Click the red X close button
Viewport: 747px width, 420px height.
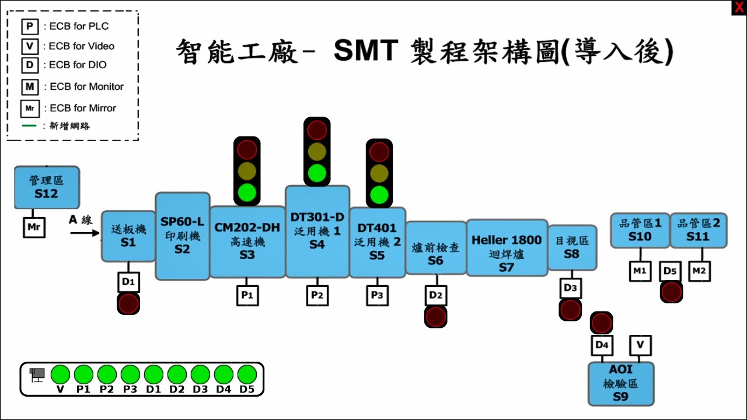(739, 8)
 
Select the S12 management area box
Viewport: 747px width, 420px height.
(47, 187)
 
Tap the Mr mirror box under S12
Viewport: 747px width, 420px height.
(34, 227)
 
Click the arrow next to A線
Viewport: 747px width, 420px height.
(85, 233)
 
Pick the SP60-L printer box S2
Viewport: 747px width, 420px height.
(182, 236)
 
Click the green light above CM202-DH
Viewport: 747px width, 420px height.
(247, 192)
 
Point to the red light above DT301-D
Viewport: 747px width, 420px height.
(317, 130)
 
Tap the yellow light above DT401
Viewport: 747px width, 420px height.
(379, 173)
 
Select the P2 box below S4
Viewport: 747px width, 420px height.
(317, 295)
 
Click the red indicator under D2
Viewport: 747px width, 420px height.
(435, 317)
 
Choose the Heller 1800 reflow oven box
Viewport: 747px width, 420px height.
(507, 247)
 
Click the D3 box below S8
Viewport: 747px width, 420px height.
(570, 288)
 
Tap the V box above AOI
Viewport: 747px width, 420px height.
(640, 345)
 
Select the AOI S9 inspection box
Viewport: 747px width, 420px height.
(621, 383)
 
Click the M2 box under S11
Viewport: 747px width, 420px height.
(699, 271)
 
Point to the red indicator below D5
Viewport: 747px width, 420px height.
(671, 292)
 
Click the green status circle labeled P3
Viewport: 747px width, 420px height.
(130, 374)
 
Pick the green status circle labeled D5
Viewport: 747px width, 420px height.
(247, 374)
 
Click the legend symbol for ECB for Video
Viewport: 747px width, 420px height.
(29, 46)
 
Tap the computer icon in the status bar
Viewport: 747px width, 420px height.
(37, 374)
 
